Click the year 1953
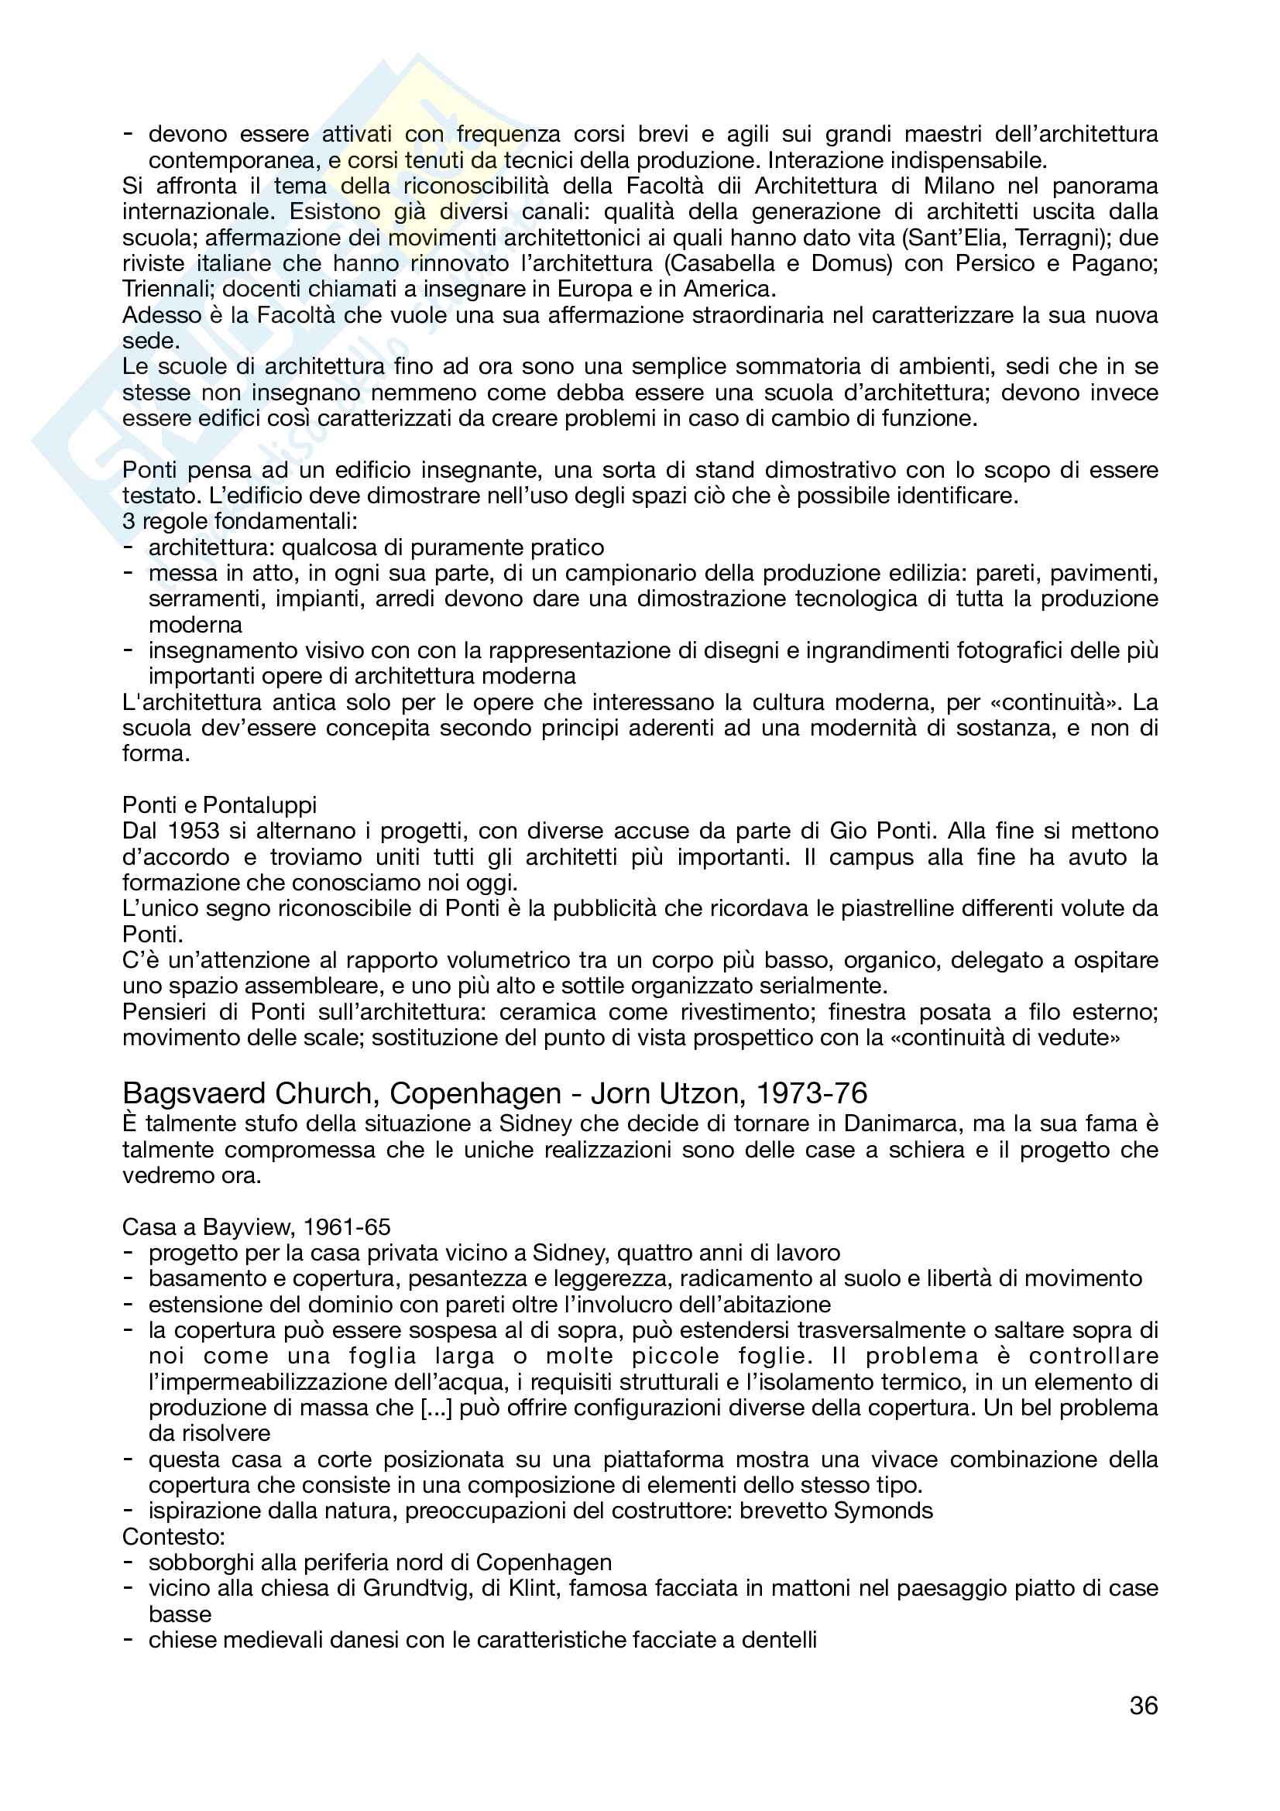[194, 831]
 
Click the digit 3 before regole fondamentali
[129, 521]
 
